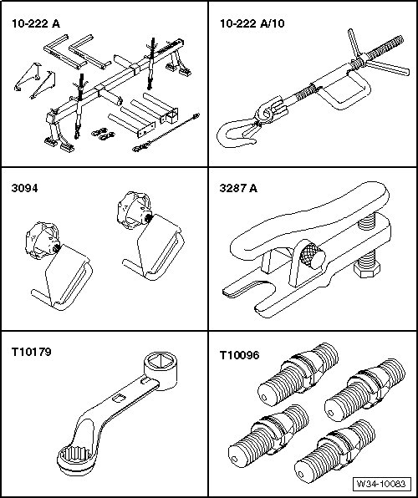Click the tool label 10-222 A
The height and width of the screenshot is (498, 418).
36,24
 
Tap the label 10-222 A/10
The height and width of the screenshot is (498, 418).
252,23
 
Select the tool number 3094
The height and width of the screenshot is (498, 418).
24,188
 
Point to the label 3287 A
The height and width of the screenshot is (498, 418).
238,188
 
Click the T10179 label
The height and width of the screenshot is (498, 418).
31,352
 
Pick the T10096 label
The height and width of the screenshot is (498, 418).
239,355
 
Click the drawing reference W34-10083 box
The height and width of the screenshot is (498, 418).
381,484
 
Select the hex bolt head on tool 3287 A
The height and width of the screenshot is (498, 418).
366,271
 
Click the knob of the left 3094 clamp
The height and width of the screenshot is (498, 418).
43,240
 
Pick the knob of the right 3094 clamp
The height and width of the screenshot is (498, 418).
135,210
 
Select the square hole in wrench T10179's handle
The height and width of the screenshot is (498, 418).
119,398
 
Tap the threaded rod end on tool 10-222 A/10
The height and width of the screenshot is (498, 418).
386,47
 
